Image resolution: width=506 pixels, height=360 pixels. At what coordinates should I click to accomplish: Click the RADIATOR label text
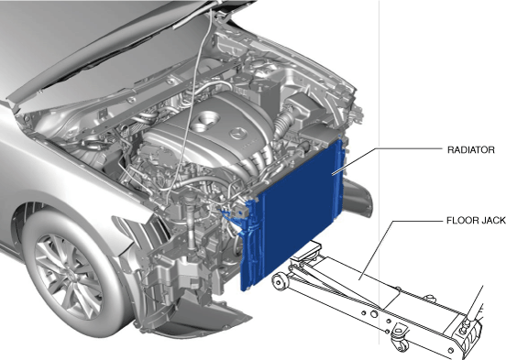point(471,150)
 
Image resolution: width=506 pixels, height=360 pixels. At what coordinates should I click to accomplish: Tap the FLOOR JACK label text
point(476,221)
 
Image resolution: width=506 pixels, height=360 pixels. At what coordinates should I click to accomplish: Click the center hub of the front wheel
point(71,274)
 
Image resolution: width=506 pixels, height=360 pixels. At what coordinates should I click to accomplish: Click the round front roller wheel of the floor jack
point(281,281)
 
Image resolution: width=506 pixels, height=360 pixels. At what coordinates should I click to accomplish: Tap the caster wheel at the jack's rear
point(401,341)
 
